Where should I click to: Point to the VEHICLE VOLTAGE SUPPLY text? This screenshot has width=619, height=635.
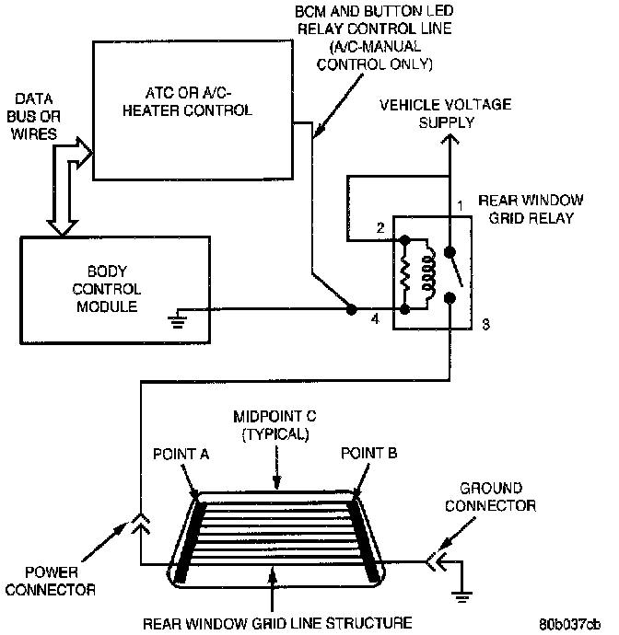point(447,113)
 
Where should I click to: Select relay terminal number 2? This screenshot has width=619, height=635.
point(380,227)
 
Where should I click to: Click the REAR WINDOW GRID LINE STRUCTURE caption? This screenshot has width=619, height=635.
point(275,623)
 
